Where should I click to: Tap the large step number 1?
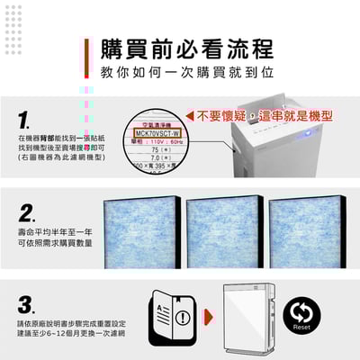[25, 120]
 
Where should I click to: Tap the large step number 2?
[27, 212]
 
